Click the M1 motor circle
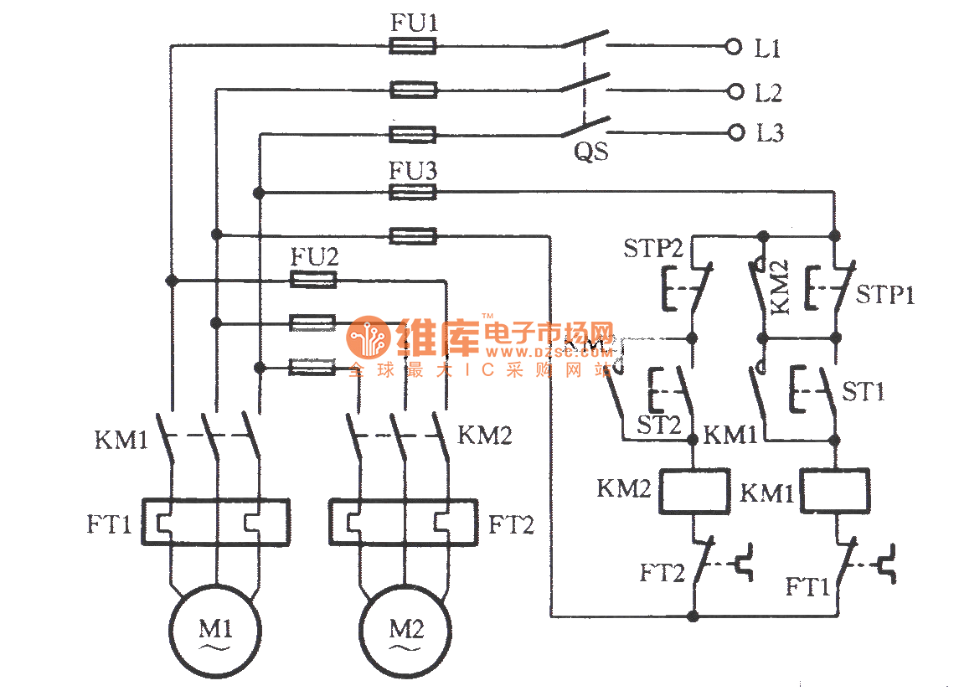215,629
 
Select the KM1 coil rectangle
835,491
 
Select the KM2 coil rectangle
693,491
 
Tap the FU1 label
414,23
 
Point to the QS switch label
591,152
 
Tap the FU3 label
413,171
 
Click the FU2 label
314,257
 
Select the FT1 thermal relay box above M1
215,523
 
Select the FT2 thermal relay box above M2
403,523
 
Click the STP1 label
885,295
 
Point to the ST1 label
863,391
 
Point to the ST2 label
659,425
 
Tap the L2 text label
768,92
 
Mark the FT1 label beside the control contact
807,586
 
